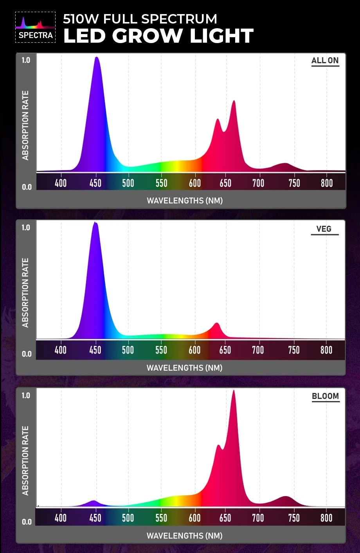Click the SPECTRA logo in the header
point(35,27)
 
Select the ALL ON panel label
point(325,61)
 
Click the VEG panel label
point(324,229)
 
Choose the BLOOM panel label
point(325,396)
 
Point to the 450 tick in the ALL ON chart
point(95,183)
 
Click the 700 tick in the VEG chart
point(257,350)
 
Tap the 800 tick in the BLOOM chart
point(326,518)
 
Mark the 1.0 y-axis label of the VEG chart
point(26,228)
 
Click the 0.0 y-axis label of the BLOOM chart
point(27,522)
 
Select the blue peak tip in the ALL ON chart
point(96,58)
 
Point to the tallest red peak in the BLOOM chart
point(234,391)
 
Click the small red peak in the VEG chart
point(216,324)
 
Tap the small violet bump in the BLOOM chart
point(94,501)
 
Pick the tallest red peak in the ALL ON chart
point(234,101)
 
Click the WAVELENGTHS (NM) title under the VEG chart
point(184,368)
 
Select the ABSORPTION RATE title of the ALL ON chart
point(26,125)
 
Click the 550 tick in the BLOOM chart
point(161,518)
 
